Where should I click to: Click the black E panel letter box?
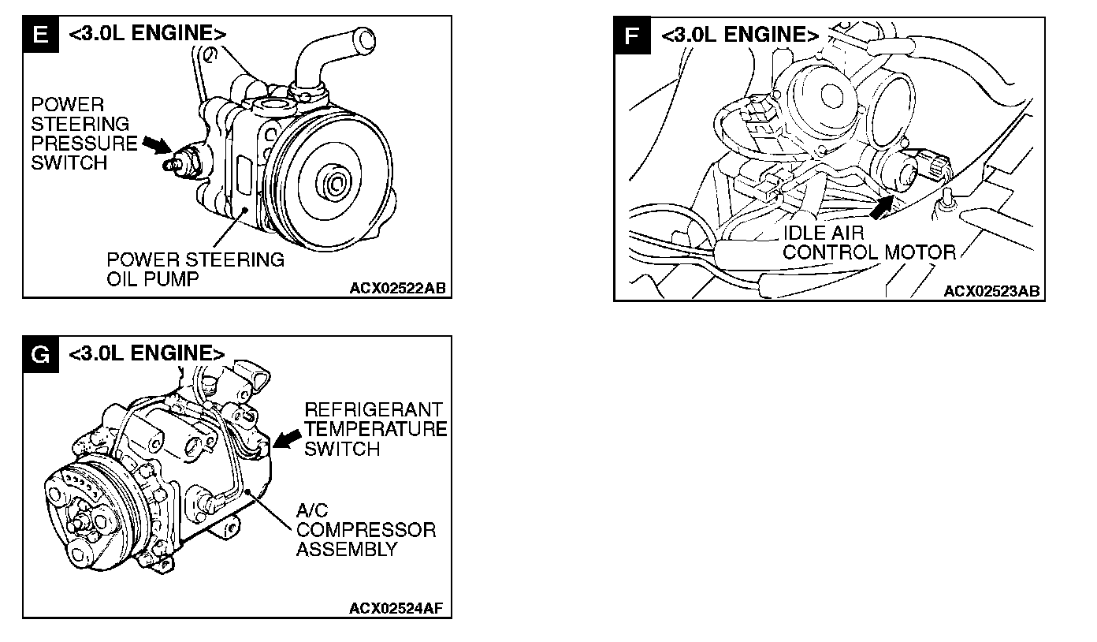pyautogui.click(x=40, y=35)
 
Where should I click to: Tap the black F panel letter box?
pyautogui.click(x=631, y=35)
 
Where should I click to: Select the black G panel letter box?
pyautogui.click(x=39, y=354)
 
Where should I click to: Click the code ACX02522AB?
pyautogui.click(x=398, y=288)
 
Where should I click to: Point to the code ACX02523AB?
pyautogui.click(x=991, y=292)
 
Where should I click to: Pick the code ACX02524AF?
pyautogui.click(x=399, y=609)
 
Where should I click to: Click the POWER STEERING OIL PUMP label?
pyautogui.click(x=195, y=269)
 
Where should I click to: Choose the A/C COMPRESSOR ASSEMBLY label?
pyautogui.click(x=365, y=529)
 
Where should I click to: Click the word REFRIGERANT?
pyautogui.click(x=374, y=409)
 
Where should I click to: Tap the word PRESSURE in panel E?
pyautogui.click(x=84, y=144)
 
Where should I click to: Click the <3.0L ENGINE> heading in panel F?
pyautogui.click(x=739, y=35)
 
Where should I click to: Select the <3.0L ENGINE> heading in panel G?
pyautogui.click(x=147, y=353)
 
